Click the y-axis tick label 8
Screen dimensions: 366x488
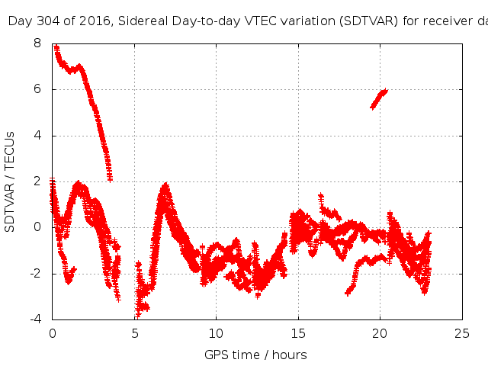pos(37,44)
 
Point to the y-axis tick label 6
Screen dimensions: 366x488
pos(37,90)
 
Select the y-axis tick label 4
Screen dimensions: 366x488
pos(37,136)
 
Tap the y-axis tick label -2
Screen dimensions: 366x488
pos(35,273)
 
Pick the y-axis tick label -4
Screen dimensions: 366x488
pos(35,319)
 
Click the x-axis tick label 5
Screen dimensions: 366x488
pos(134,333)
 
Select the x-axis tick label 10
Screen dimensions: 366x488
pos(216,333)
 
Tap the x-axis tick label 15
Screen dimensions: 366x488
pos(298,333)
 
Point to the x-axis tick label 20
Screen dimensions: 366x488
pos(380,333)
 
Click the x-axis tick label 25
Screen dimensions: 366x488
pos(462,333)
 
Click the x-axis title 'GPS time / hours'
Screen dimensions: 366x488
pos(256,355)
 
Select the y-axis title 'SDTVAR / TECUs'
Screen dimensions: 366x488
pos(11,181)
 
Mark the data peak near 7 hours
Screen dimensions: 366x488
pos(165,185)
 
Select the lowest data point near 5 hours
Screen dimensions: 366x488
pos(137,315)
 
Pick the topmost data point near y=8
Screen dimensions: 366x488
pos(56,47)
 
